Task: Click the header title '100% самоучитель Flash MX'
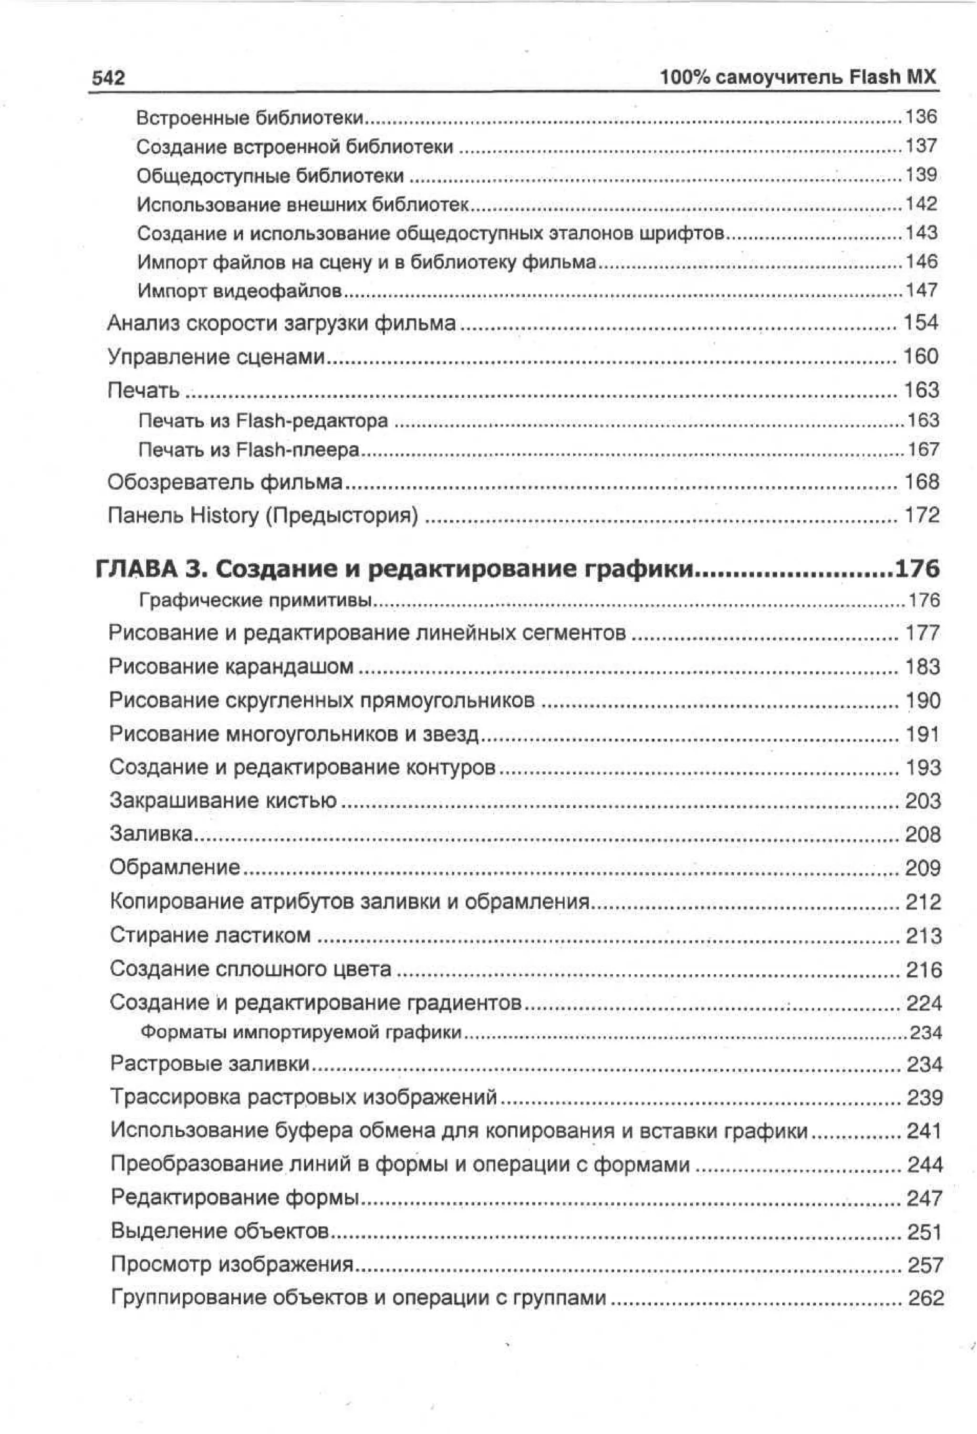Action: (798, 78)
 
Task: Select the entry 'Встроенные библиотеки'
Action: (249, 117)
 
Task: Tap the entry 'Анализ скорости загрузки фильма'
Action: (281, 323)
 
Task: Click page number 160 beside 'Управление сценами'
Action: (920, 356)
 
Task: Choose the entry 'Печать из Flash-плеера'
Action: (248, 450)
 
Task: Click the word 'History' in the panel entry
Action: (224, 515)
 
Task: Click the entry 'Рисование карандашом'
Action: (231, 666)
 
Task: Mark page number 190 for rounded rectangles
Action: (922, 701)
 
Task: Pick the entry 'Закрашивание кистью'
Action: (223, 800)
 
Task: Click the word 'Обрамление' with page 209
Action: (175, 867)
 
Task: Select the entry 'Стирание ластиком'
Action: (210, 934)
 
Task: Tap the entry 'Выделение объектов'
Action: (220, 1230)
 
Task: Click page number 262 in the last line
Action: (925, 1297)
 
